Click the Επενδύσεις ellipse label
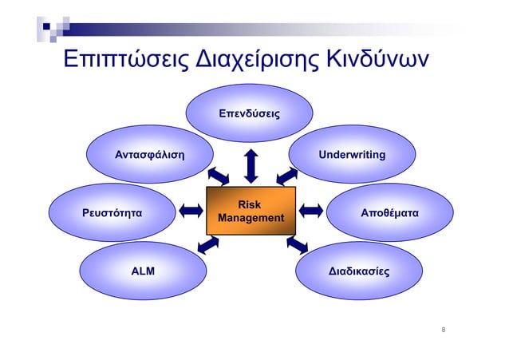251,114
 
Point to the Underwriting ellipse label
352,153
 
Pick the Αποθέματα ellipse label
390,213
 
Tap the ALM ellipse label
143,271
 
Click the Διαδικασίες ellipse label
359,271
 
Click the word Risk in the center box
251,205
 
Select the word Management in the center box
251,218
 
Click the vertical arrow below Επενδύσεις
251,164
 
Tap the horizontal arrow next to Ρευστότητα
191,211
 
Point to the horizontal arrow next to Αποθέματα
310,211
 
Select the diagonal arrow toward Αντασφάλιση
217,175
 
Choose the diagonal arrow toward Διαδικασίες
296,244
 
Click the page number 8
444,329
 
